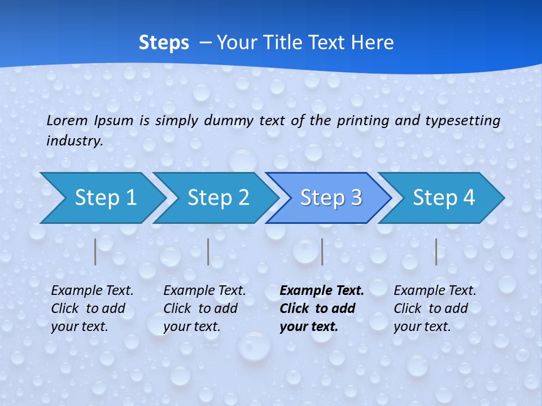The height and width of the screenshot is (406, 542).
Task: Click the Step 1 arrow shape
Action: [105, 197]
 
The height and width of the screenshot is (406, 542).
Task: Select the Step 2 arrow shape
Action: [218, 197]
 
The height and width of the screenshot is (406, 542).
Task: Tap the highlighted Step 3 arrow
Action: [331, 197]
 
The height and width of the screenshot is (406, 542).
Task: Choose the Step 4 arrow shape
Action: [444, 197]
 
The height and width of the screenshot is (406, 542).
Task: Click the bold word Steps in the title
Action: [164, 42]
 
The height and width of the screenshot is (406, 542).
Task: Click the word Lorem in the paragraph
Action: [67, 120]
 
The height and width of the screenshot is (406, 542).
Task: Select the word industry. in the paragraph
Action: [75, 141]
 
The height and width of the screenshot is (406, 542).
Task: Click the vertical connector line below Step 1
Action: [95, 251]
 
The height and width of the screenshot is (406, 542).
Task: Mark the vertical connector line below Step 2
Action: [208, 251]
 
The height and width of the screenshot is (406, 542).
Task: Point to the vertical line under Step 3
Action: [322, 251]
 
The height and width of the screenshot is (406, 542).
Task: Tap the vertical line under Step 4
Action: [436, 251]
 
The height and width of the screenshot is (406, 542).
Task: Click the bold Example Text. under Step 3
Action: [322, 291]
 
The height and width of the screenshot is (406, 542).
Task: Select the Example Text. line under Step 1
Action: [92, 291]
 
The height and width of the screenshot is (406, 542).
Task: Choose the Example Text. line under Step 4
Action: [435, 291]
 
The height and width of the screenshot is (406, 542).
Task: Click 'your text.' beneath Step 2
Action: [192, 326]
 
